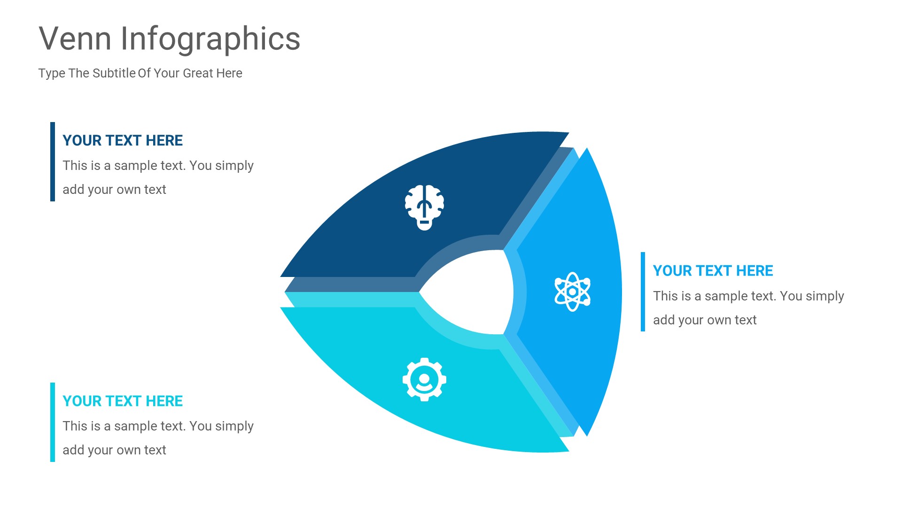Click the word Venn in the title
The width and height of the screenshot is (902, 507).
(75, 38)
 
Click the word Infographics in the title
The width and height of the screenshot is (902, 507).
(210, 39)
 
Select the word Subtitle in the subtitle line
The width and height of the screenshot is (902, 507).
(114, 73)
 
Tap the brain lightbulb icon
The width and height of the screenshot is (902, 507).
(424, 207)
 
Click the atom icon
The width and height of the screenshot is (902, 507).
(572, 292)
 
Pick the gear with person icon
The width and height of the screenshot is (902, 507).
(424, 379)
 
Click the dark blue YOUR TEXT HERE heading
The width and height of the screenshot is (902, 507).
(123, 140)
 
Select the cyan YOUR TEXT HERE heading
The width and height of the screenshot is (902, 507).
(123, 401)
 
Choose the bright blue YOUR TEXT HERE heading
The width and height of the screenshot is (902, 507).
(713, 271)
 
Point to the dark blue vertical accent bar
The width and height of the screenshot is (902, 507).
(53, 162)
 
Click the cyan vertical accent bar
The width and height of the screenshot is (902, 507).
(53, 422)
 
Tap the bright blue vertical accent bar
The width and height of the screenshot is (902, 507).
(643, 292)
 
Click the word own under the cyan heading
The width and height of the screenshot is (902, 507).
(128, 450)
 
